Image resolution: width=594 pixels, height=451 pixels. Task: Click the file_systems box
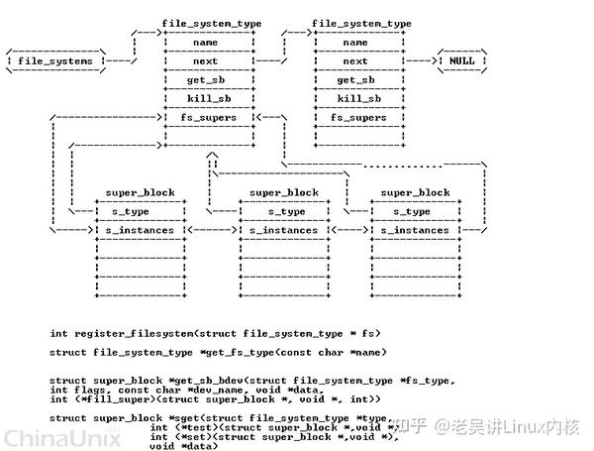[x=55, y=61]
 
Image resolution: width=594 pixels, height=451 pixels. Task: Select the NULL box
[x=461, y=60]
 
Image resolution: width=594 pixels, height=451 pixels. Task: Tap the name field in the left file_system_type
[x=206, y=43]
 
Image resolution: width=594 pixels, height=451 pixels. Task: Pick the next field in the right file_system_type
[x=355, y=61]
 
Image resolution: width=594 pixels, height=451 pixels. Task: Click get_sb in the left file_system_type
[x=206, y=80]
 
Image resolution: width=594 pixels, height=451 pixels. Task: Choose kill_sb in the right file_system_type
[x=355, y=98]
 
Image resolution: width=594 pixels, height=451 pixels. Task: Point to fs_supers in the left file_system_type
[x=206, y=117]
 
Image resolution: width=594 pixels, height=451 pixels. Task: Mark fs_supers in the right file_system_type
[x=355, y=117]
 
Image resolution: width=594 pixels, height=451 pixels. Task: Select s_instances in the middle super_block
[x=284, y=230]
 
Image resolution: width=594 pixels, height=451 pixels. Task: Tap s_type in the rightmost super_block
[x=413, y=211]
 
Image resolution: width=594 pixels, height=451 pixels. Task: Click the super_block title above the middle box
[x=284, y=192]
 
